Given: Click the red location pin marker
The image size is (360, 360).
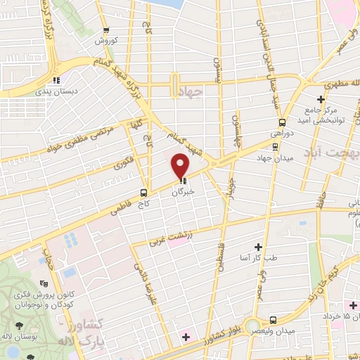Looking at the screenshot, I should point(181,166).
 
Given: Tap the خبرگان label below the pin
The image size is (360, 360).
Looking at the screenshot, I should point(184,191).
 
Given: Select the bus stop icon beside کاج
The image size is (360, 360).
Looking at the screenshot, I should point(143,192).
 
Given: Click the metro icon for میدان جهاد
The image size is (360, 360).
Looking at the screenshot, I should point(274,147).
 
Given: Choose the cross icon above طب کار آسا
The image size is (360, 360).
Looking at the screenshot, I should point(258,247).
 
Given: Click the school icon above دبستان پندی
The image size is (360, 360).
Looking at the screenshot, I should point(56,79).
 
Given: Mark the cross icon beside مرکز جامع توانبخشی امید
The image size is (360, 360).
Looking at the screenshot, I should point(321,99).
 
